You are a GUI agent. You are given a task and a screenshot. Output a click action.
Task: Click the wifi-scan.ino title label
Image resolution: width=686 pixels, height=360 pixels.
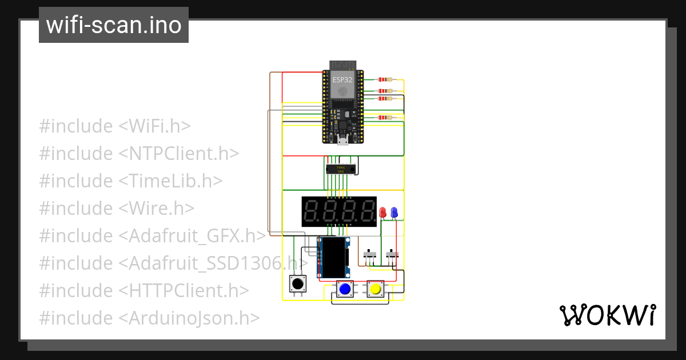(x=113, y=25)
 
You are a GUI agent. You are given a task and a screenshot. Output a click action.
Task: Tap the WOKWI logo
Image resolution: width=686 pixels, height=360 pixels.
(x=607, y=315)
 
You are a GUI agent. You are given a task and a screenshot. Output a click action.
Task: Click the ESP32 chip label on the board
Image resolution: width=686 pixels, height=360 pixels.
(x=342, y=81)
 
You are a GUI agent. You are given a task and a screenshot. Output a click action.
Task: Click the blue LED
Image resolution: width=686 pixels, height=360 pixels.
(x=394, y=212)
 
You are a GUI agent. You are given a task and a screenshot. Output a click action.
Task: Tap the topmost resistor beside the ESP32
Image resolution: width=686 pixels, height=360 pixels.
(x=386, y=80)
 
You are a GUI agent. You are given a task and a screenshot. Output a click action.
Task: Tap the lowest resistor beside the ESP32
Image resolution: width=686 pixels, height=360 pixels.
(x=386, y=118)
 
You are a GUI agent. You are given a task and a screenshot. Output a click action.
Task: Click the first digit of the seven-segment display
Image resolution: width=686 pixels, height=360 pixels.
(x=312, y=212)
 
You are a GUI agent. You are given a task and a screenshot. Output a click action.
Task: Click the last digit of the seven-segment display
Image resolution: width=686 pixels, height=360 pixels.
(x=364, y=212)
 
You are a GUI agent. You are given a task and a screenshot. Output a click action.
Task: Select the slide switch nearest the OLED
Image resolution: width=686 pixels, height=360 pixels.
(x=370, y=255)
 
